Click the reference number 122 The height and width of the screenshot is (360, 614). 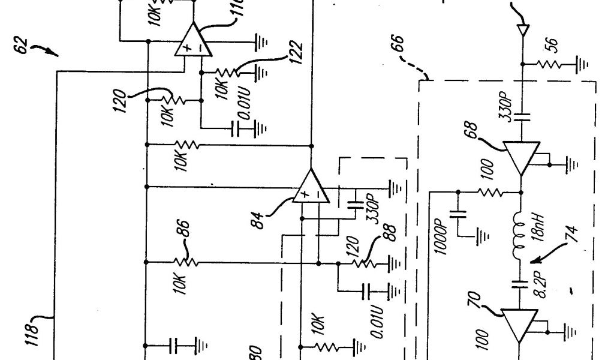tap(295, 56)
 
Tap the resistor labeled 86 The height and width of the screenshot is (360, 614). tap(185, 262)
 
